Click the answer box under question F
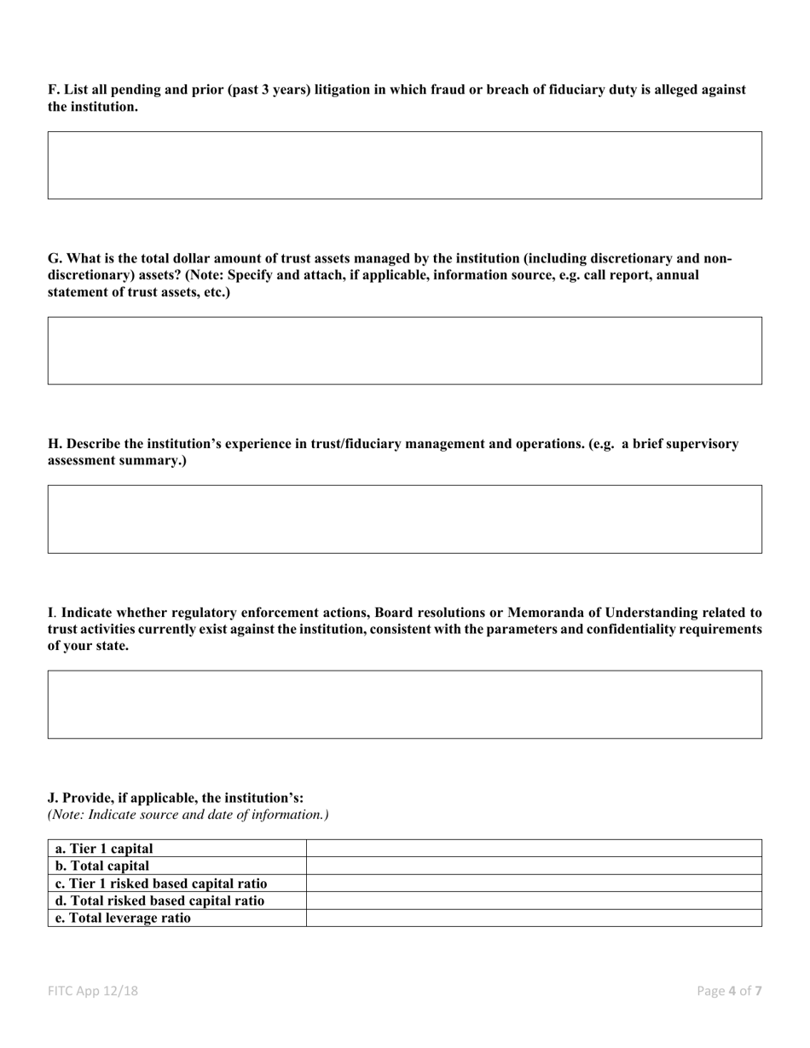coord(404,165)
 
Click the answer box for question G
coord(404,350)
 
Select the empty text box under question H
coord(404,519)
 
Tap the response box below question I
coord(404,704)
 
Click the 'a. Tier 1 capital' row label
coord(104,848)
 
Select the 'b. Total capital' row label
coord(102,866)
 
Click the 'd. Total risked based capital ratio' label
coord(159,900)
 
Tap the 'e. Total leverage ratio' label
coord(123,918)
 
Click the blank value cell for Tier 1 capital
coord(533,848)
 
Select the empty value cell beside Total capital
coord(533,866)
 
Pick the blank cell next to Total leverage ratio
coord(533,918)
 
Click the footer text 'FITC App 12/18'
coord(93,991)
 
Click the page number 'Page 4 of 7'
coord(729,991)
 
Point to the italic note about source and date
coord(188,815)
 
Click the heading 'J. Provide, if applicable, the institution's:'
coord(176,798)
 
